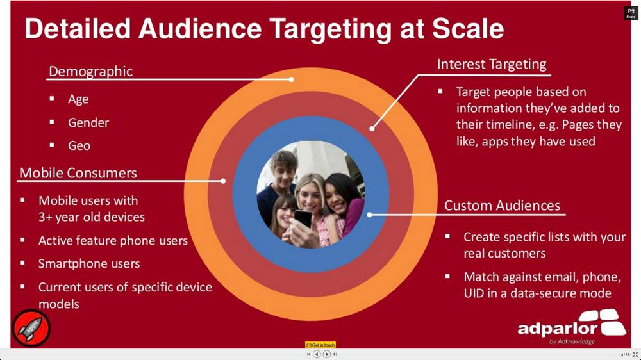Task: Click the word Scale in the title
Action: [468, 29]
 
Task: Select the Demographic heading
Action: [91, 72]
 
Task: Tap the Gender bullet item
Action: [88, 122]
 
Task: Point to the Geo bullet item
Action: [79, 145]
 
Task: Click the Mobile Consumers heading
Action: [78, 173]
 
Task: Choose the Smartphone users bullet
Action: [89, 263]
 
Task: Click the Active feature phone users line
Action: [113, 240]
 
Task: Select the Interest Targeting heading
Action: [492, 64]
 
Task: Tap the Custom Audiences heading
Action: [503, 205]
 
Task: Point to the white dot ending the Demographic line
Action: [291, 79]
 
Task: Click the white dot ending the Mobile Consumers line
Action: [223, 181]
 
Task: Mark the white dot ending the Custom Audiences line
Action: [369, 214]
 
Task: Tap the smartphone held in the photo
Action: [303, 218]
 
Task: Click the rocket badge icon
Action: [31, 328]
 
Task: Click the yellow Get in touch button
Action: [320, 345]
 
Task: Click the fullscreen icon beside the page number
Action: [635, 355]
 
